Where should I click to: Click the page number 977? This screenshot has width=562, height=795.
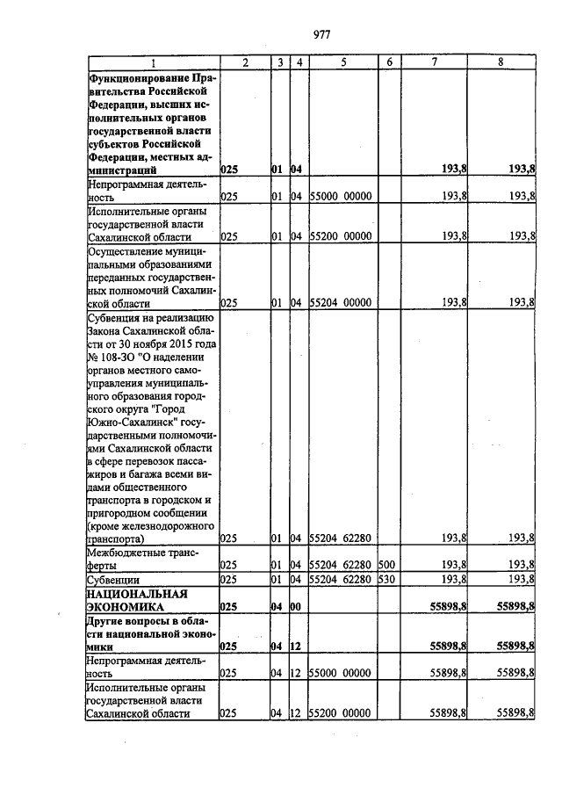321,34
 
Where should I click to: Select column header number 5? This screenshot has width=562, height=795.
343,62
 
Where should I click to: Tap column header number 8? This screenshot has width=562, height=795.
501,62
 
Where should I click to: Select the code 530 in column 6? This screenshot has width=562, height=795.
387,580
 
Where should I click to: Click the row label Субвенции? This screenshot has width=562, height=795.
112,580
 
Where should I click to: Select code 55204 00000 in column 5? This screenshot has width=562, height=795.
342,302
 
